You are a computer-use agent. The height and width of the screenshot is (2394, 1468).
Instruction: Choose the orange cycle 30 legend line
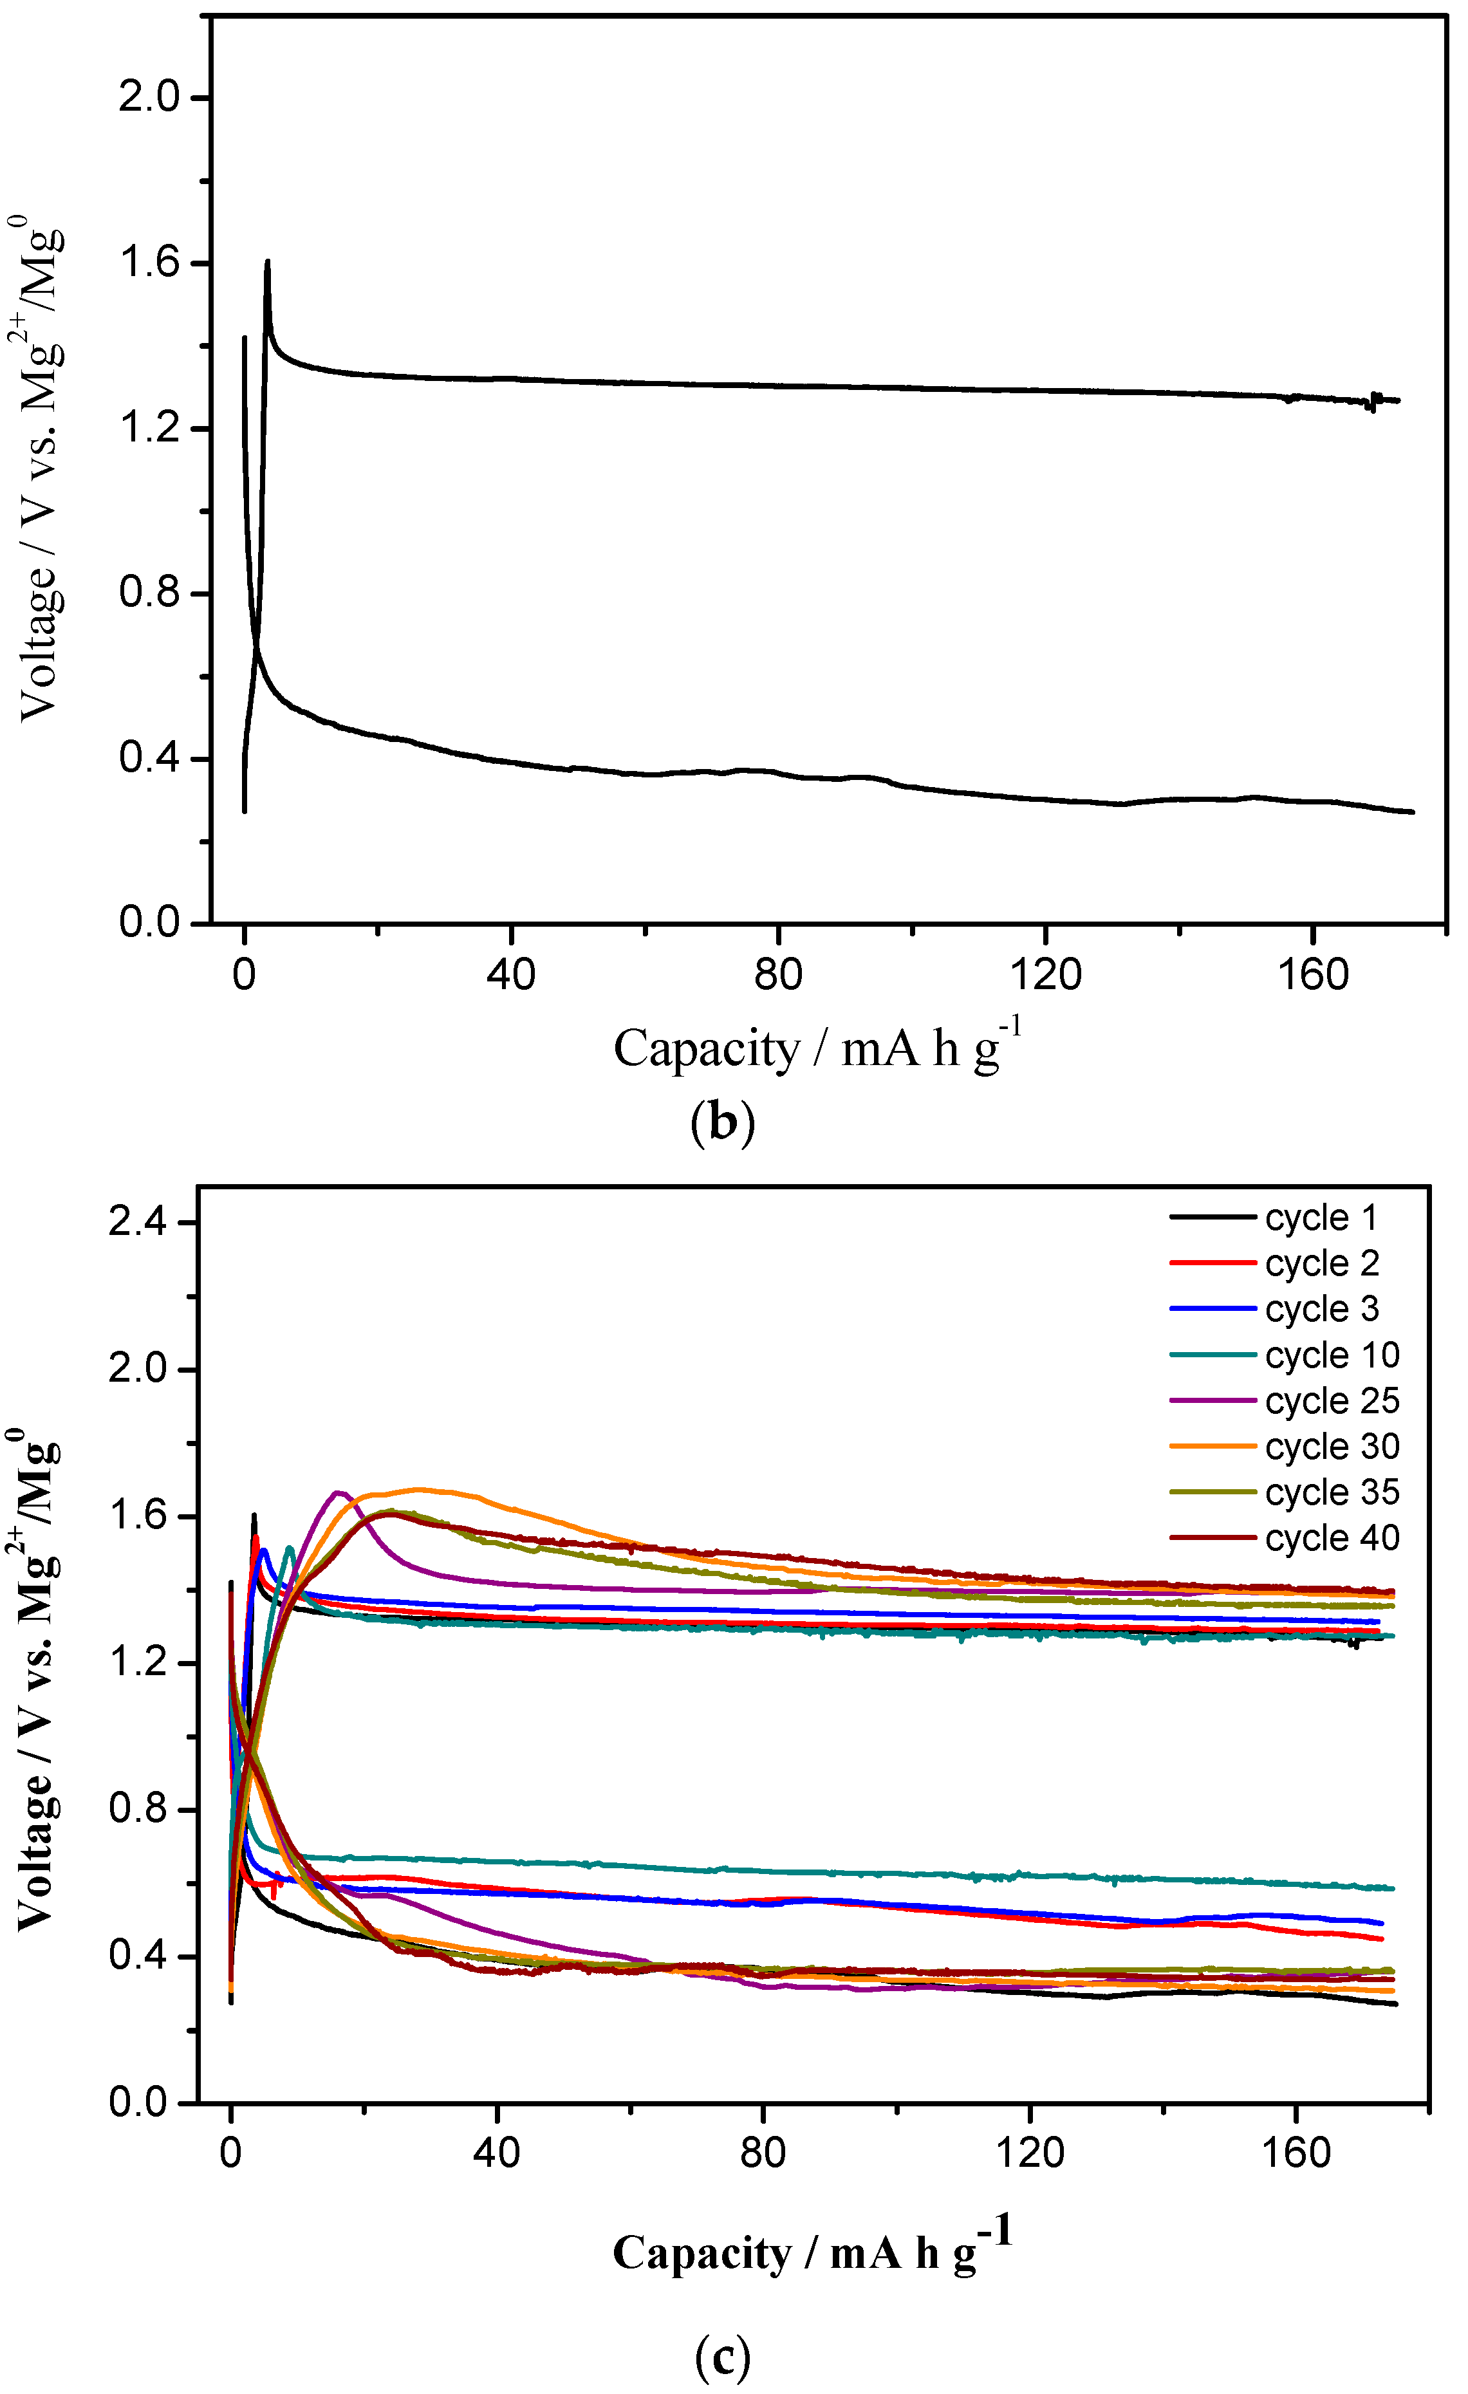1213,1447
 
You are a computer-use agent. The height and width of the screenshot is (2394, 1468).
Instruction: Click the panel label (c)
722,2355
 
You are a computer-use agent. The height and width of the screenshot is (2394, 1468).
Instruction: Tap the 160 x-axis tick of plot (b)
1312,974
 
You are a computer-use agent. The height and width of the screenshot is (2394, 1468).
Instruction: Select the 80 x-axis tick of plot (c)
763,2153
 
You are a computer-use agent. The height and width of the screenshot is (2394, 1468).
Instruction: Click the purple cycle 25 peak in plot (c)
338,1492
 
